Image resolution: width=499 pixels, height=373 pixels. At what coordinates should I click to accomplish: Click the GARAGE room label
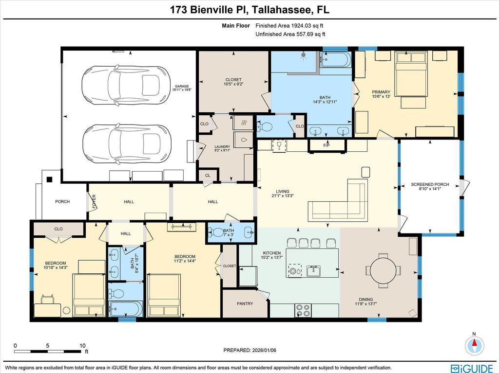[x=181, y=86]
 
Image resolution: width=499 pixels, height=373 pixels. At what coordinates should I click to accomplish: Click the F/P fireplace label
[x=326, y=145]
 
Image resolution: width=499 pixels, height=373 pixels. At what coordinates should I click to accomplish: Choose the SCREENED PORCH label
[x=430, y=185]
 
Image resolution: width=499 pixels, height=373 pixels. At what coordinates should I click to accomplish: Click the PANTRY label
[x=245, y=303]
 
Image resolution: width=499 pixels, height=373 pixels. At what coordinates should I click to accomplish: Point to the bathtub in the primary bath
[x=336, y=61]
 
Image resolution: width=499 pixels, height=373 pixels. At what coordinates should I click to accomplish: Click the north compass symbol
[x=473, y=345]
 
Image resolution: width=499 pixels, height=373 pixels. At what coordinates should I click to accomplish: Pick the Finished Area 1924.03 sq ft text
[x=290, y=26]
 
